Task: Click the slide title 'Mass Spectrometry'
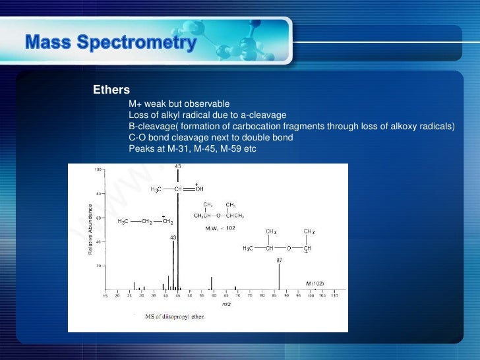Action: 111,44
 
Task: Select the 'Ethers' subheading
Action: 111,89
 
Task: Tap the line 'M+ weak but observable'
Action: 179,104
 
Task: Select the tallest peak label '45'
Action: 178,167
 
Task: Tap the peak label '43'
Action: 173,237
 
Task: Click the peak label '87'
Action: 280,260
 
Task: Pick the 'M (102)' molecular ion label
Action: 315,283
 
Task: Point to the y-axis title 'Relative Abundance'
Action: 91,230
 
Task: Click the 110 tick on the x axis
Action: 334,296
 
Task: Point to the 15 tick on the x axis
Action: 105,296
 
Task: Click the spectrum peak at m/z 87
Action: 280,277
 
